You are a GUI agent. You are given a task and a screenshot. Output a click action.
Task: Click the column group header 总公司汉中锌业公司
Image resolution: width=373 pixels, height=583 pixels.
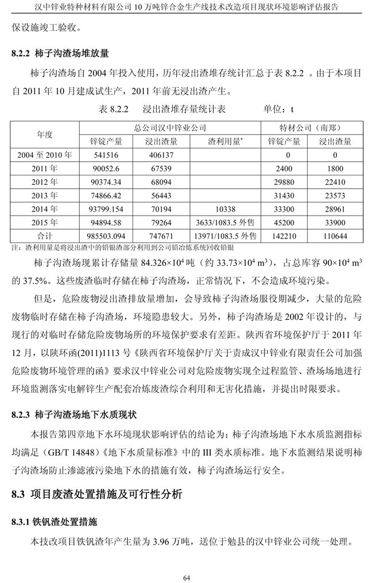(170, 128)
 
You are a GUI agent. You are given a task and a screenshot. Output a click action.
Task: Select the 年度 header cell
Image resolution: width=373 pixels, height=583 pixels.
(45, 134)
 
